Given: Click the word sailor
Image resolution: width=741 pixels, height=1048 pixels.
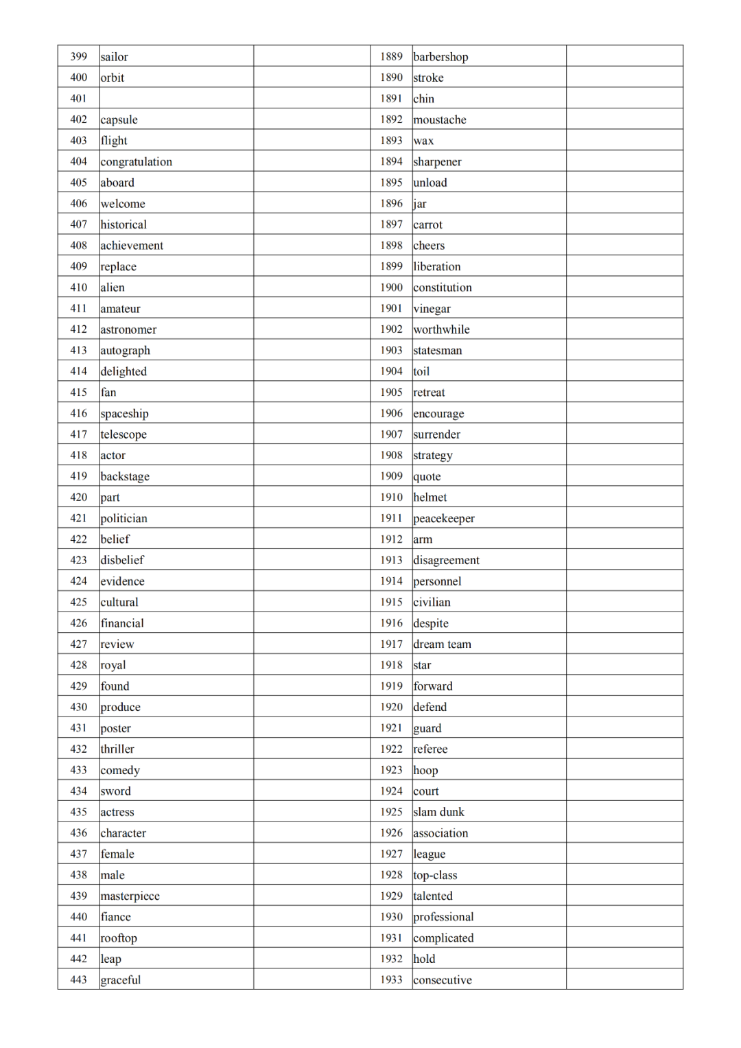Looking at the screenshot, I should (114, 57).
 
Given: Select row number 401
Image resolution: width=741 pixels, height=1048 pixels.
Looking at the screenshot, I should (79, 98).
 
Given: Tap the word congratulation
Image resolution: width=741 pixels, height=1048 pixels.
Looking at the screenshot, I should (136, 162).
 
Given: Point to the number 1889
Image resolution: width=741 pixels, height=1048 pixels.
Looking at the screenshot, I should (391, 56).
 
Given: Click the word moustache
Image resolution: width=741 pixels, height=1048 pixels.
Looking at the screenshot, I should (440, 120).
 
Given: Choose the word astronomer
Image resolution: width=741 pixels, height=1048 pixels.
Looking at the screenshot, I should (128, 329).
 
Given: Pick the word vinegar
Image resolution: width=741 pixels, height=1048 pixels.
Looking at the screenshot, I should (432, 309).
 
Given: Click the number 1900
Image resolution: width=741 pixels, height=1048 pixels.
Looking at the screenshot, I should (391, 288).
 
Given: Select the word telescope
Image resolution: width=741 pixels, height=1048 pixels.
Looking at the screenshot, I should (123, 434).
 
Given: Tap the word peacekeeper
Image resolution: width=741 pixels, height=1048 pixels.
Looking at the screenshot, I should (444, 519).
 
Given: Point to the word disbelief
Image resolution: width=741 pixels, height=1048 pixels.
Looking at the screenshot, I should (122, 560).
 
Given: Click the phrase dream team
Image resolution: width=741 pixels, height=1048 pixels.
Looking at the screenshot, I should (442, 644).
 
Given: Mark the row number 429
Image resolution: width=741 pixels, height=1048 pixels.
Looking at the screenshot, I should (79, 686).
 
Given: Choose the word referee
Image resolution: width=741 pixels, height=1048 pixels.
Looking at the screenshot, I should (430, 749).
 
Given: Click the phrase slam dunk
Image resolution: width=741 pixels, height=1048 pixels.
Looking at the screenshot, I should (438, 812).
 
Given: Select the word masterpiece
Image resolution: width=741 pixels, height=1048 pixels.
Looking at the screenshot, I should (130, 896).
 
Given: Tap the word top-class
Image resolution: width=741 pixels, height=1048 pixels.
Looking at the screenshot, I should (435, 875).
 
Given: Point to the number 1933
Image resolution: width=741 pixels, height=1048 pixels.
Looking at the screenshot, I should (391, 979).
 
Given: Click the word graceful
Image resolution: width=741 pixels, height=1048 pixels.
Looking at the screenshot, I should (120, 980).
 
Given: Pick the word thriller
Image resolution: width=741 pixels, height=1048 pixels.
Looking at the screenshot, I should (117, 749).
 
